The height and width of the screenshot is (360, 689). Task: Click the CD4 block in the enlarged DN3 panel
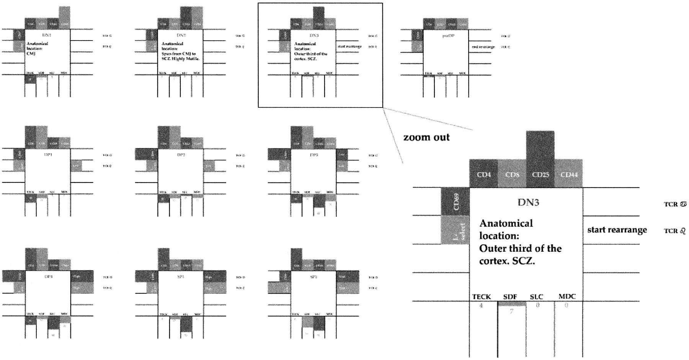pyautogui.click(x=483, y=174)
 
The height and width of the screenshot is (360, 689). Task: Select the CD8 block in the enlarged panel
pyautogui.click(x=512, y=174)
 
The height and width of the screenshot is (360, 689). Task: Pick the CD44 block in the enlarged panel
pyautogui.click(x=569, y=174)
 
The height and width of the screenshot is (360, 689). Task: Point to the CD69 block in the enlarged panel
pyautogui.click(x=456, y=202)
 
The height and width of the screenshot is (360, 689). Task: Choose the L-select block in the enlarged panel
pyautogui.click(x=456, y=230)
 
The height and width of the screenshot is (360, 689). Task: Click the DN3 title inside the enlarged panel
pyautogui.click(x=528, y=202)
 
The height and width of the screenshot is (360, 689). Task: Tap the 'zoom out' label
pyautogui.click(x=426, y=137)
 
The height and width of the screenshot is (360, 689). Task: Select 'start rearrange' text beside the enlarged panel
pyautogui.click(x=617, y=230)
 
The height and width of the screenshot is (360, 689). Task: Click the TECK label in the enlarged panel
pyautogui.click(x=482, y=296)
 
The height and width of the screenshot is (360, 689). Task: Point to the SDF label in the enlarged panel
pyautogui.click(x=510, y=296)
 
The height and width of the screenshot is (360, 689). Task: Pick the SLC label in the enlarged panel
pyautogui.click(x=537, y=296)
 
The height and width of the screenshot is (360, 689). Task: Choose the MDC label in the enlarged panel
pyautogui.click(x=567, y=296)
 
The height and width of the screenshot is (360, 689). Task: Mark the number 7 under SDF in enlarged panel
pyautogui.click(x=511, y=311)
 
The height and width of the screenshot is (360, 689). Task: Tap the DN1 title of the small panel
pyautogui.click(x=47, y=35)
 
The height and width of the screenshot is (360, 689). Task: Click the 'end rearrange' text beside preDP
pyautogui.click(x=483, y=47)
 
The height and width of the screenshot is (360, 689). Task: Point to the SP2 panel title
pyautogui.click(x=313, y=276)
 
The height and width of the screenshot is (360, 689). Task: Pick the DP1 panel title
pyautogui.click(x=47, y=155)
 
